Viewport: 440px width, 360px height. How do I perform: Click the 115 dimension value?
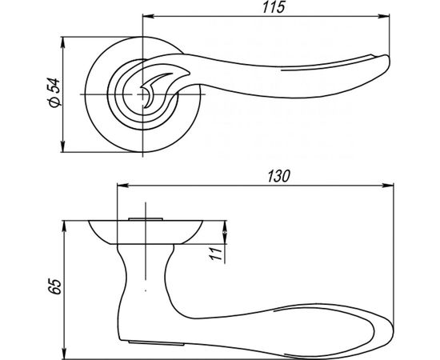274,7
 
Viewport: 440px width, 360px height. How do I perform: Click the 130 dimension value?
278,177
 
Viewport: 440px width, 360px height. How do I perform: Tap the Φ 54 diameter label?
54,92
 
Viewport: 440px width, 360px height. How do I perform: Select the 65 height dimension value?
54,286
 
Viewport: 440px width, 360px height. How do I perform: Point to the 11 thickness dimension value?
217,254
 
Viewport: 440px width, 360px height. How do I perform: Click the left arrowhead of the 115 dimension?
148,16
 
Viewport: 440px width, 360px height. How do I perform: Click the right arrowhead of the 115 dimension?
383,16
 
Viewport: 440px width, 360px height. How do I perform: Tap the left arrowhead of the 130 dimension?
123,186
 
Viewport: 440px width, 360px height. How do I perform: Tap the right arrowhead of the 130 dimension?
388,186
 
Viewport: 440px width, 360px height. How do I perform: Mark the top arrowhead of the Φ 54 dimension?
63,42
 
